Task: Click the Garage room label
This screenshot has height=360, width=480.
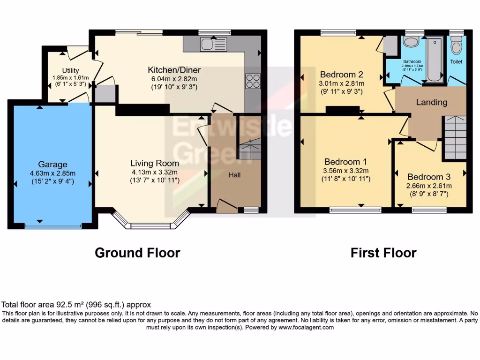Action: (53, 165)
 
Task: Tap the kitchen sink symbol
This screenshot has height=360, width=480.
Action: (213, 45)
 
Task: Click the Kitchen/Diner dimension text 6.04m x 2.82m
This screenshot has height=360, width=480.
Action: (174, 79)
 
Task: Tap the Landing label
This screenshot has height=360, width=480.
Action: (431, 102)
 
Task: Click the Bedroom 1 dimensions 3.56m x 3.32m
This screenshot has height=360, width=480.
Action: (346, 171)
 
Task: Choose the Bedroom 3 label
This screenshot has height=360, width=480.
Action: (428, 177)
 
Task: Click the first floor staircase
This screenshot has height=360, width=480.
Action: (454, 136)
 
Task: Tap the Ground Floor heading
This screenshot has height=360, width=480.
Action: (137, 253)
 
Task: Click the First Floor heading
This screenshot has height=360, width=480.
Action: (383, 253)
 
